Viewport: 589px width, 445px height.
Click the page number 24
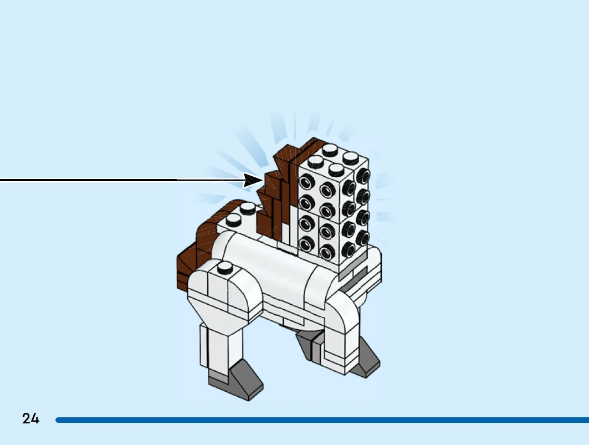30,418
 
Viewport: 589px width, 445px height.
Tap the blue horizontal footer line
322,420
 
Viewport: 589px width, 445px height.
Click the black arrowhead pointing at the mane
253,181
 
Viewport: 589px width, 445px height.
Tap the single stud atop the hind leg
225,268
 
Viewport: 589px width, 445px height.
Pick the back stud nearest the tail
233,220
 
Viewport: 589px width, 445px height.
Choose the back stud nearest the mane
248,208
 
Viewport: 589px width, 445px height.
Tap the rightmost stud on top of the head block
351,158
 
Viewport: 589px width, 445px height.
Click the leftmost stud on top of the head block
315,162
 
